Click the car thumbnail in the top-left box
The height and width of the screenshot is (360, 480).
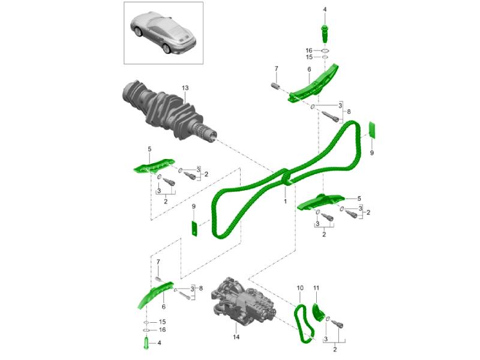tap(163, 33)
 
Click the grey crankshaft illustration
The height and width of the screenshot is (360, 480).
tap(169, 112)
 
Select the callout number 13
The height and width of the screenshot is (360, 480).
tap(185, 88)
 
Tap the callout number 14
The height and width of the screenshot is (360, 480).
tap(236, 337)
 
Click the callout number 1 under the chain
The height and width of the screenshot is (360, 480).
tap(285, 202)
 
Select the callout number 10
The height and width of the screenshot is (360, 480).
tap(300, 288)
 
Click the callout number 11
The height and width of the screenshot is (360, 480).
tap(316, 288)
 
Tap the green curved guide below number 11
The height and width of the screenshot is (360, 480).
tap(317, 313)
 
